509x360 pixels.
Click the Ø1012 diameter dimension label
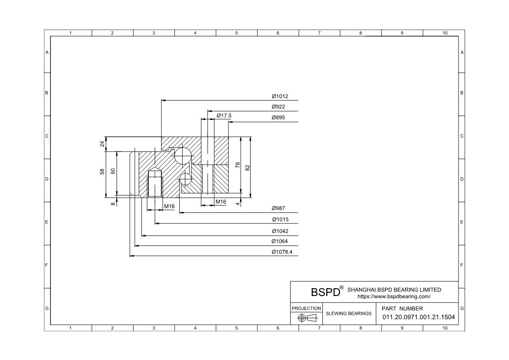280,96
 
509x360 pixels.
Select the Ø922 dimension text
278,107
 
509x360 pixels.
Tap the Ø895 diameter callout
278,117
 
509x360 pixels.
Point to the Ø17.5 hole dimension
224,116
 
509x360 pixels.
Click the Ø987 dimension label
278,208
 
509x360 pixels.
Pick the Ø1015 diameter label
280,219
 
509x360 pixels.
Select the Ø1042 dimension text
280,231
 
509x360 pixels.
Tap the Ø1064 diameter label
279,241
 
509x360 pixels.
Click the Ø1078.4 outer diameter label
282,252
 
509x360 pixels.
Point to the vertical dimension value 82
248,168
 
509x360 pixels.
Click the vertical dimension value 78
238,165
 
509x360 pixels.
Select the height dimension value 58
102,171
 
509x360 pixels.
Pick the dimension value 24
102,144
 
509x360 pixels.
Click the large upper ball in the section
183,155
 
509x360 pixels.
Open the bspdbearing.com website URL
394,296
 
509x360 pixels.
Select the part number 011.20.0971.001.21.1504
419,317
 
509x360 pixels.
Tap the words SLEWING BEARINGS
348,313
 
